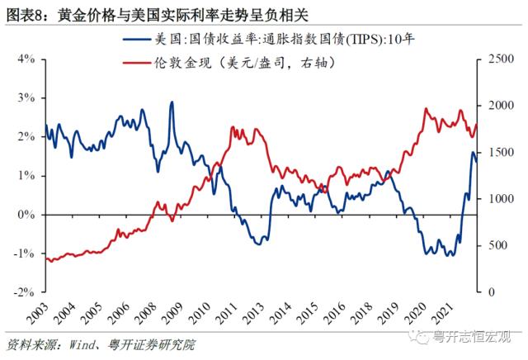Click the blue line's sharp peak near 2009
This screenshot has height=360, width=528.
coord(172,102)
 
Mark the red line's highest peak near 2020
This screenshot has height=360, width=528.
coord(426,109)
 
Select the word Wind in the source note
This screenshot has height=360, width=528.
coord(78,343)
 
